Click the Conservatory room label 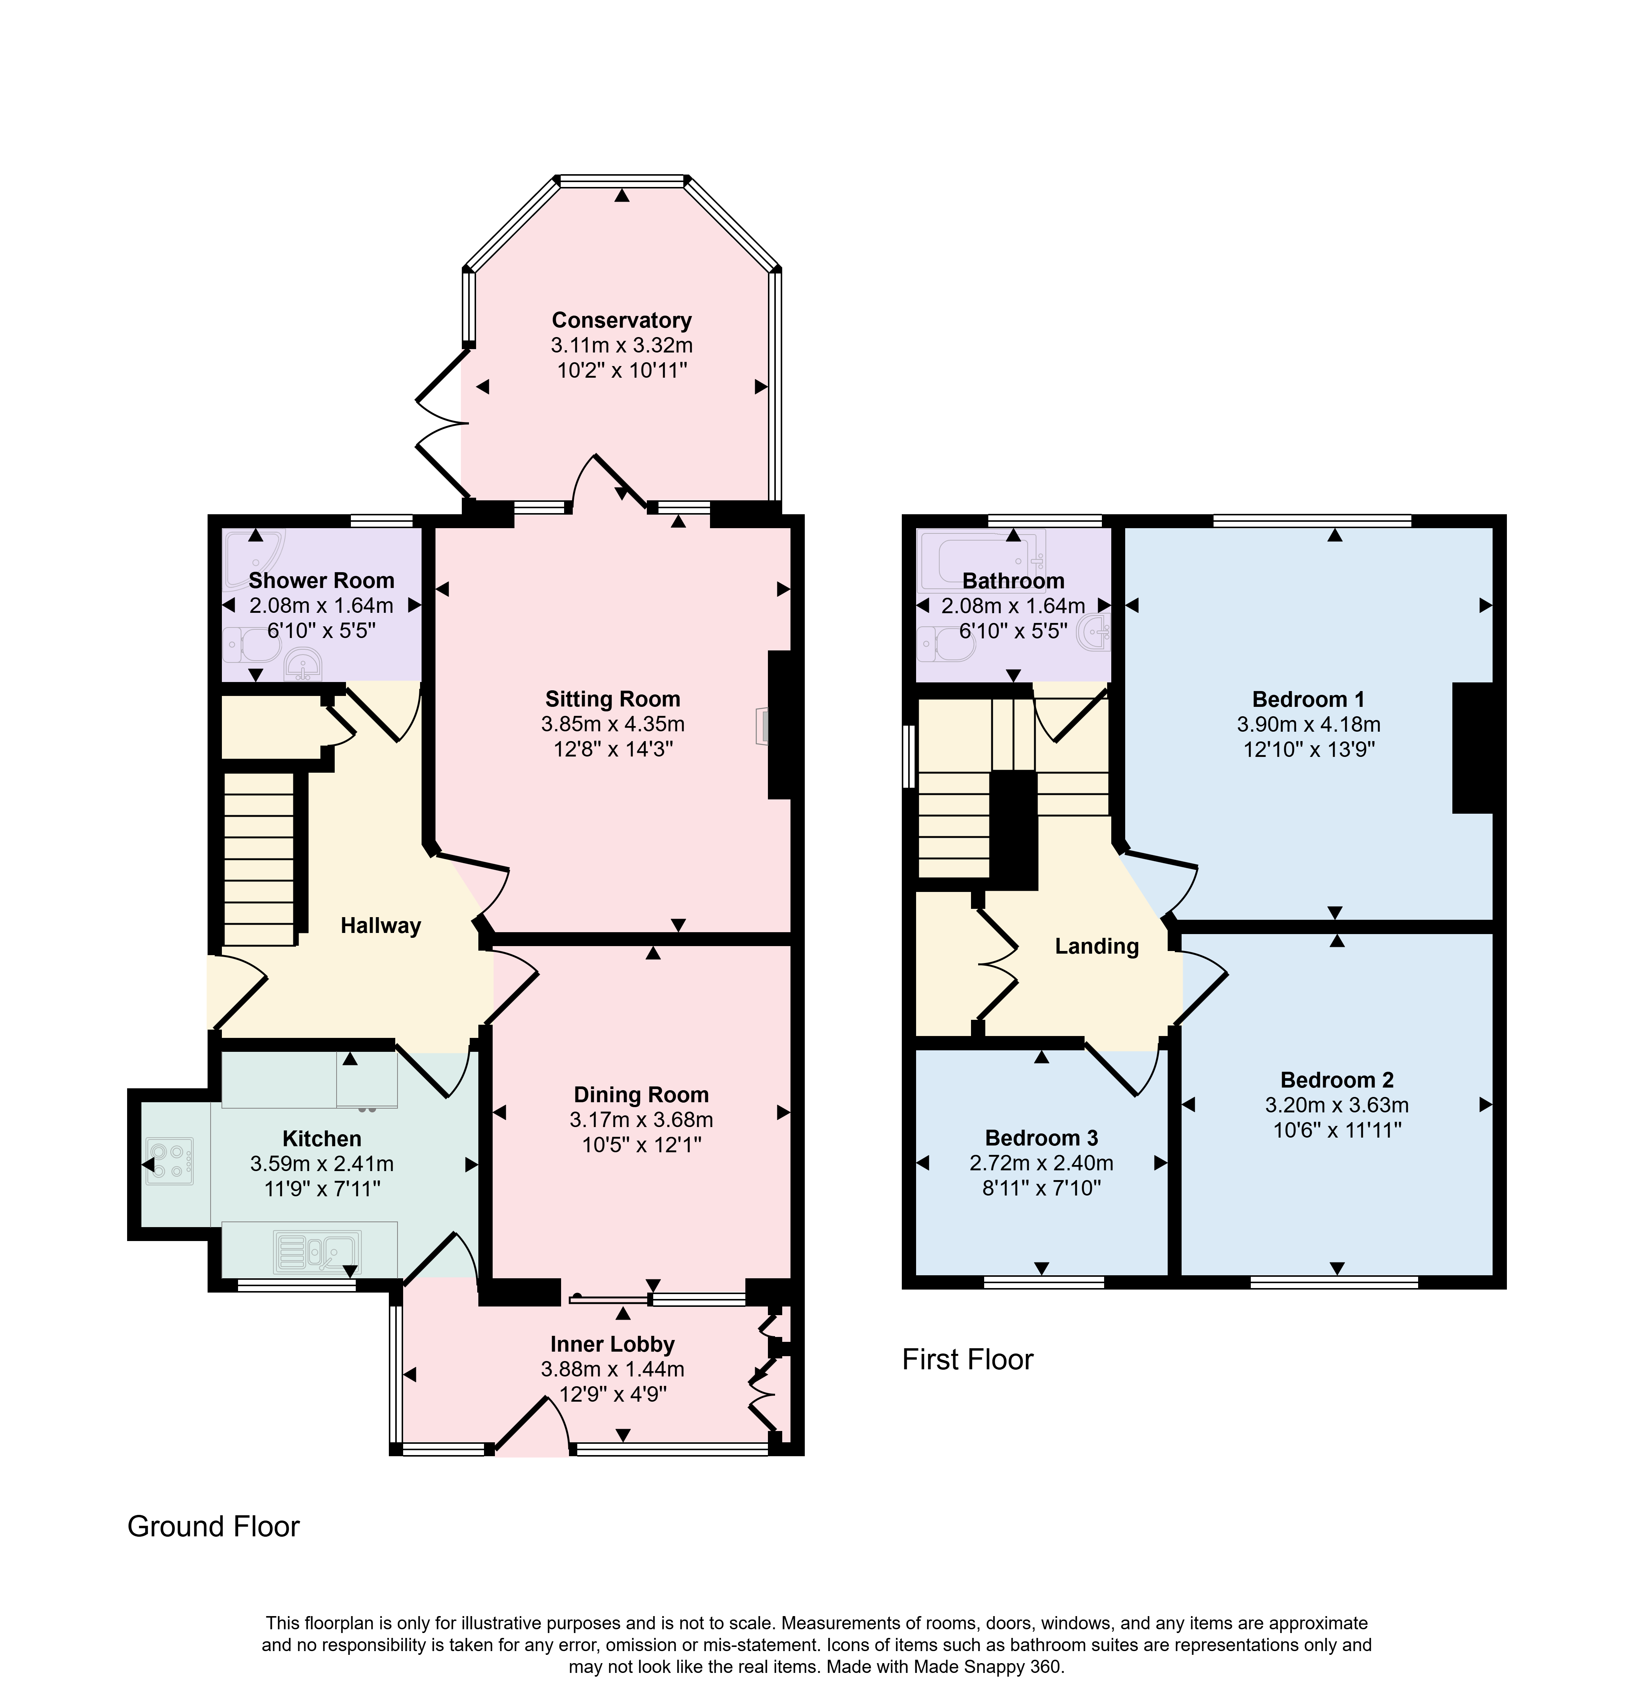(621, 320)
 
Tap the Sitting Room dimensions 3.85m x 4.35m (613, 723)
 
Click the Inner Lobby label (613, 1344)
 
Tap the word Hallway (380, 925)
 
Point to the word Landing (1096, 946)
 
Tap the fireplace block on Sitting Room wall (779, 724)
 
